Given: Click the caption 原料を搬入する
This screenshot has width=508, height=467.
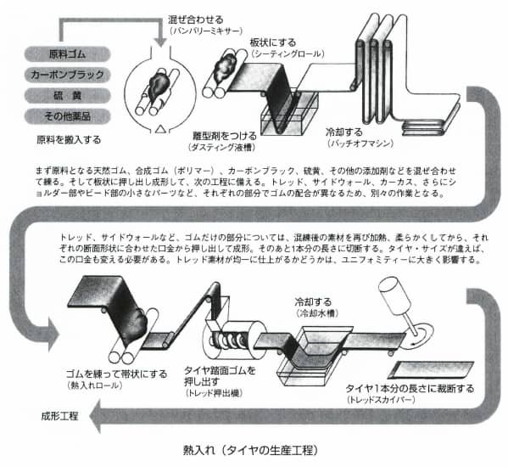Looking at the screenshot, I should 68,137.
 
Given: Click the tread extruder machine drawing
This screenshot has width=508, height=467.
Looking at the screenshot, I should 229,339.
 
